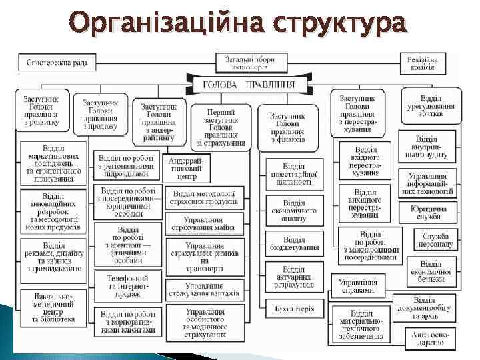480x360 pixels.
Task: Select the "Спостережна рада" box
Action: click(57, 63)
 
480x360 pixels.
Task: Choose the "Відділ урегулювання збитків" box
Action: click(431, 107)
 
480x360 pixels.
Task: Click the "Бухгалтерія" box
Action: click(293, 309)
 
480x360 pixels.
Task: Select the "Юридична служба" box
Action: click(434, 211)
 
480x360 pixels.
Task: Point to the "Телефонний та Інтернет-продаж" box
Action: click(127, 283)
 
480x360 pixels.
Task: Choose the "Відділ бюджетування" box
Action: click(293, 243)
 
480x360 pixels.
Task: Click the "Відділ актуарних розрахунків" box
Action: click(293, 277)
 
